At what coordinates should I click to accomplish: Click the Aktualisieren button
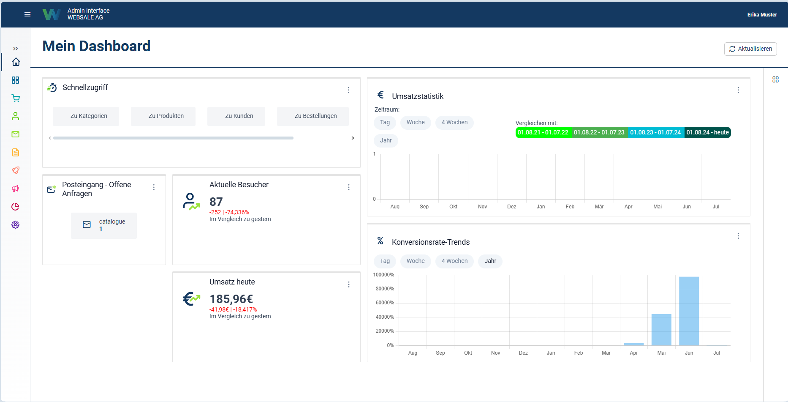[x=750, y=49]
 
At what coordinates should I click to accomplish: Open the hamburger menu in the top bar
[x=27, y=14]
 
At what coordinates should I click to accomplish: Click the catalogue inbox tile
[x=104, y=225]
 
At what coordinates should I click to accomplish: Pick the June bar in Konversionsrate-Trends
[x=689, y=311]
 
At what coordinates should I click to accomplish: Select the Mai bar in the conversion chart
[x=661, y=330]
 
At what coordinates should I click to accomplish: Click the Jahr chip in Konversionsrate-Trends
[x=490, y=261]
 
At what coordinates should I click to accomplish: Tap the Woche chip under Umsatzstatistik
[x=416, y=122]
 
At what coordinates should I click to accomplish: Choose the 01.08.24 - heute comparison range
[x=707, y=132]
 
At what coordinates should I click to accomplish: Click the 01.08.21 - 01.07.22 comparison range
[x=543, y=132]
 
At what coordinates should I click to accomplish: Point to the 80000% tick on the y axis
[x=385, y=289]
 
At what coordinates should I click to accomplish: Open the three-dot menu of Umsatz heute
[x=349, y=284]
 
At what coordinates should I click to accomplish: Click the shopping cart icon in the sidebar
[x=16, y=98]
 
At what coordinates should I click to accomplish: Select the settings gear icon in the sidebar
[x=16, y=224]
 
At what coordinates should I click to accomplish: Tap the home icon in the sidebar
[x=16, y=62]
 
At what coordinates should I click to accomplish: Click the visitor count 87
[x=216, y=202]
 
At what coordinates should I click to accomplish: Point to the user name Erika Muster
[x=762, y=14]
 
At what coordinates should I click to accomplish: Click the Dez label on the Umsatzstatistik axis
[x=511, y=207]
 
